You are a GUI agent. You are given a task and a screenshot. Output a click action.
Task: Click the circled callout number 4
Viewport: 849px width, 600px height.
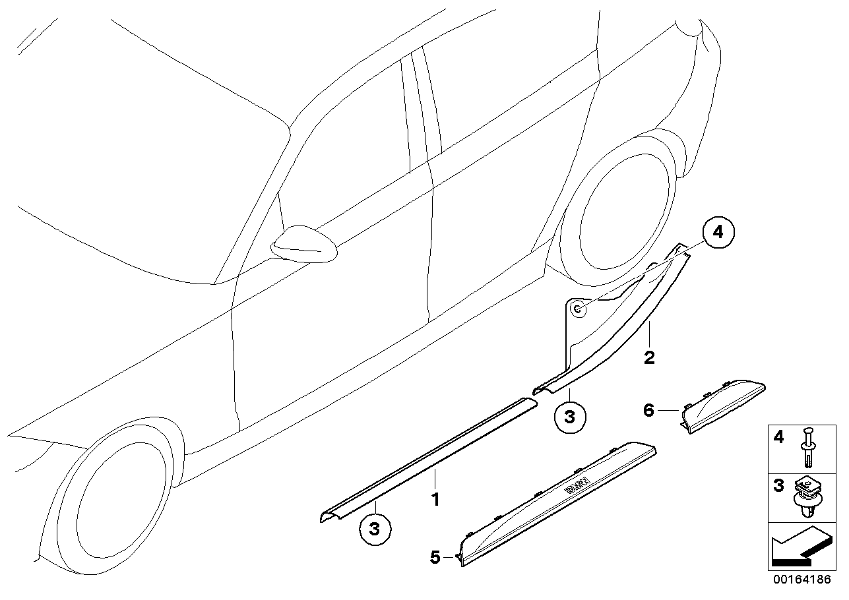coord(718,232)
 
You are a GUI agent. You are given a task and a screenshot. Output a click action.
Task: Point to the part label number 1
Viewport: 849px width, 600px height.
coord(435,500)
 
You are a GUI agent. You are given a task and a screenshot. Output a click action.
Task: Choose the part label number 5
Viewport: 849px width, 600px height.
coord(435,557)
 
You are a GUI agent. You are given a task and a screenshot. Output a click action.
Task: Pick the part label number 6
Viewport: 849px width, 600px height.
coord(648,411)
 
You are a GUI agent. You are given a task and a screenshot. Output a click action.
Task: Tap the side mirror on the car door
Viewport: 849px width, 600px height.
coord(303,245)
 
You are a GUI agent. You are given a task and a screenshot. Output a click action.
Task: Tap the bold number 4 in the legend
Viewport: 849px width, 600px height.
coord(779,437)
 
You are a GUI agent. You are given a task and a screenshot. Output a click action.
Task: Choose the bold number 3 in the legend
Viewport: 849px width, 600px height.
coord(779,487)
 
